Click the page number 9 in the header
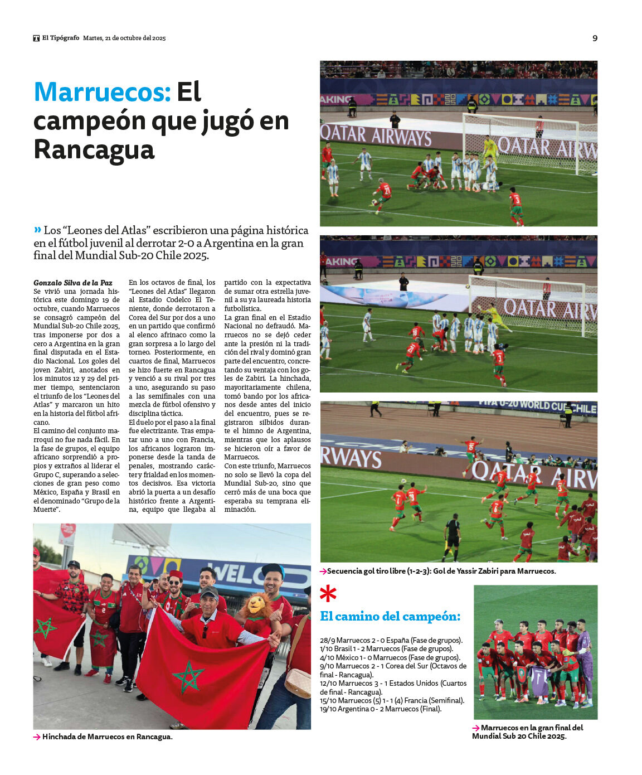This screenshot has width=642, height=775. click(595, 38)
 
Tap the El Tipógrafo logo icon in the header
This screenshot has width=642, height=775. click(36, 38)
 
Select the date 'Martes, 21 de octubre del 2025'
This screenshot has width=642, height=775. click(124, 38)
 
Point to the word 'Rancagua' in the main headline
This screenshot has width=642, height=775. click(94, 150)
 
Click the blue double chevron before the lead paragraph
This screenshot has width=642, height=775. click(37, 229)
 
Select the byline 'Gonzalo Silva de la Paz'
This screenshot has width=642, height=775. click(73, 283)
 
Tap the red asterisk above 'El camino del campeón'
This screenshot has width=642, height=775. click(328, 594)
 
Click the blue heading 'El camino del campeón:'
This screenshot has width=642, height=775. click(390, 616)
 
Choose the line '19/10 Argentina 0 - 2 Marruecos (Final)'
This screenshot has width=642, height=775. click(381, 709)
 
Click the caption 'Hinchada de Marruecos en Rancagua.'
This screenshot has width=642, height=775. click(107, 737)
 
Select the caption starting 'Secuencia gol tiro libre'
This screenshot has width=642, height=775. click(441, 571)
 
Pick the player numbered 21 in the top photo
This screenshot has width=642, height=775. click(383, 193)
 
